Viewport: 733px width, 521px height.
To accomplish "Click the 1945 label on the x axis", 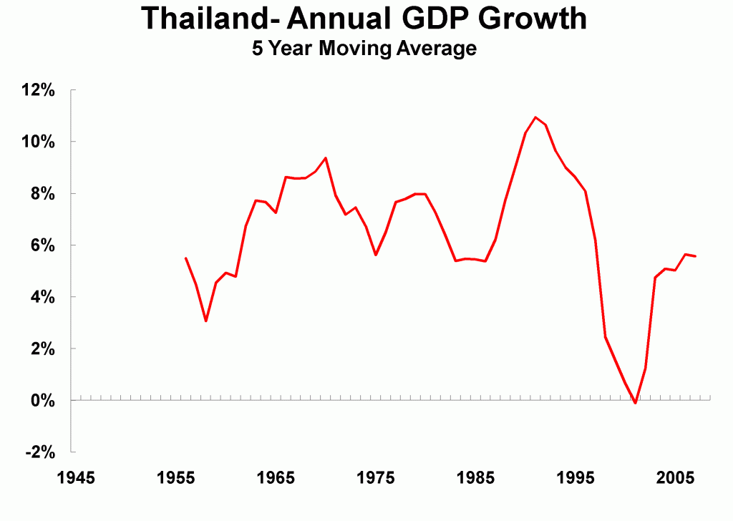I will [76, 478].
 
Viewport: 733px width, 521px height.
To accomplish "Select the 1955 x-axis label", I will [176, 478].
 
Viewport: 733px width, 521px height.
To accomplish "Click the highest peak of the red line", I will [535, 117].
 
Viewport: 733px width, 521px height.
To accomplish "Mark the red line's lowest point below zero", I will [635, 404].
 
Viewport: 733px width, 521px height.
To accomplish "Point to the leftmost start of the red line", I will [185, 258].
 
